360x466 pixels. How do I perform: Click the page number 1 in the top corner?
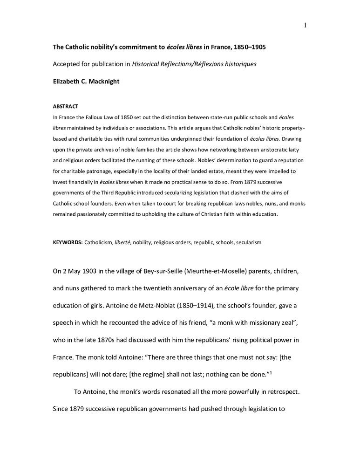(x=306, y=25)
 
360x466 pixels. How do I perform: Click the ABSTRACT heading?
(x=65, y=107)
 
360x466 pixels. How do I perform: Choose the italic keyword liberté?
(x=122, y=242)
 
